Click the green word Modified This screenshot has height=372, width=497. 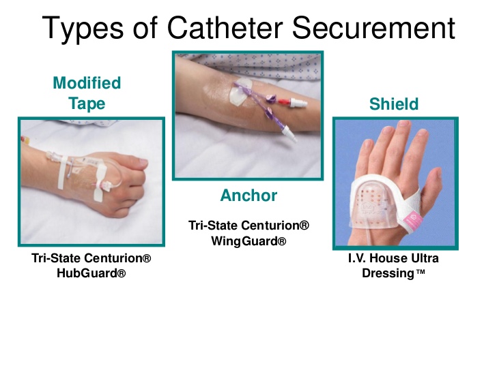pyautogui.click(x=87, y=83)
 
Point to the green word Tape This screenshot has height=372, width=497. pyautogui.click(x=87, y=104)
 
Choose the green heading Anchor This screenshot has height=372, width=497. pyautogui.click(x=248, y=196)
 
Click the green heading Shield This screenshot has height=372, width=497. pyautogui.click(x=394, y=104)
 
